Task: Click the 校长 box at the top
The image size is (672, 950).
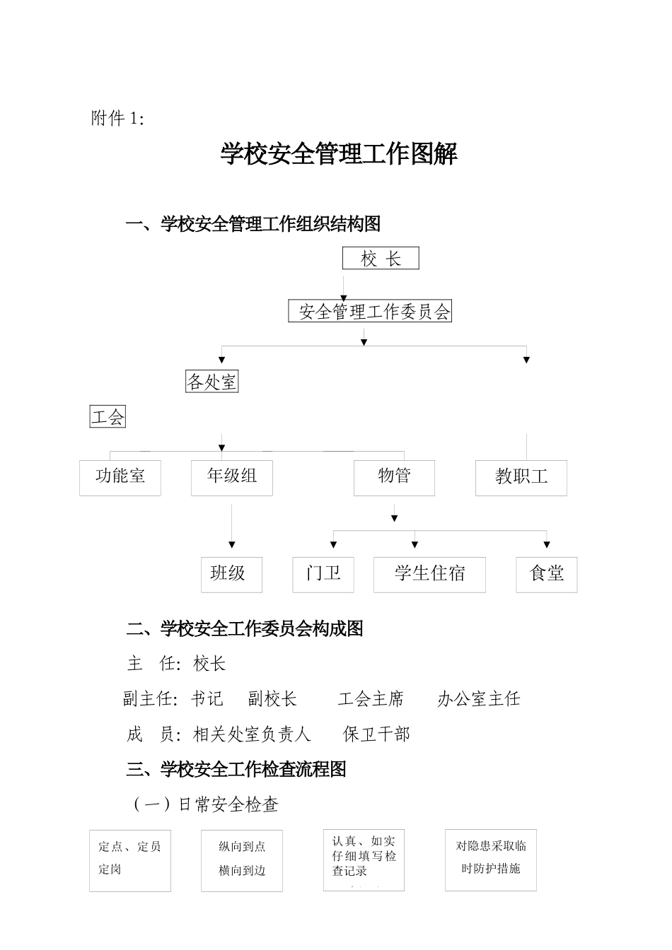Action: tap(381, 259)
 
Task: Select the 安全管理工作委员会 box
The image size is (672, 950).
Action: tap(370, 312)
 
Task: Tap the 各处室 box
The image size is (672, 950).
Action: tap(212, 382)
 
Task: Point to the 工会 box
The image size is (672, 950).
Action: tap(108, 417)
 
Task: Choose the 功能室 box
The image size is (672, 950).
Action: tap(120, 478)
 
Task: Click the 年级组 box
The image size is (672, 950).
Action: tap(232, 478)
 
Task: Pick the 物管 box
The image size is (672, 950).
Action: tap(394, 478)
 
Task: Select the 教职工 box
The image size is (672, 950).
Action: tap(521, 478)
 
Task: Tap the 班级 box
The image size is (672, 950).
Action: tap(231, 575)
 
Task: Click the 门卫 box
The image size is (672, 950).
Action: tap(323, 575)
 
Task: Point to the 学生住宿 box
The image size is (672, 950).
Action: tap(429, 575)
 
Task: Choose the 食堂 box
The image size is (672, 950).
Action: tap(547, 575)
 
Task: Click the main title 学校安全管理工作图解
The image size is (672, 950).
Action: tap(339, 154)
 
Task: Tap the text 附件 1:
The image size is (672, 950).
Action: tap(118, 119)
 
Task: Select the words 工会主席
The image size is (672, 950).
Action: tap(371, 699)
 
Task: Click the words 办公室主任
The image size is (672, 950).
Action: tap(479, 699)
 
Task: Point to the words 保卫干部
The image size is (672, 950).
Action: tap(376, 734)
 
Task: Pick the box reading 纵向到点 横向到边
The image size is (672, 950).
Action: tap(242, 860)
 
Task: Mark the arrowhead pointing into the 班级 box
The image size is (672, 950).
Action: tap(232, 544)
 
